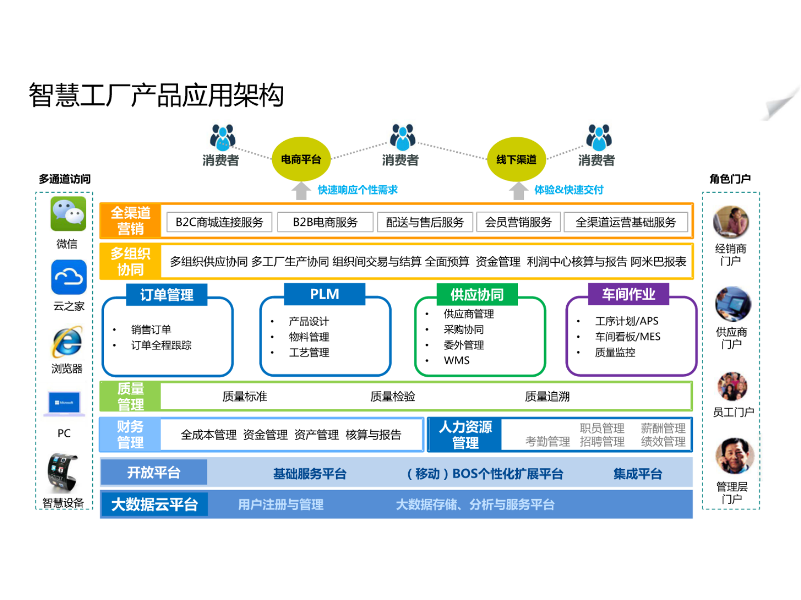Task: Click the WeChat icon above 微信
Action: click(x=69, y=214)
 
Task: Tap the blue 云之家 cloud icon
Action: click(x=69, y=277)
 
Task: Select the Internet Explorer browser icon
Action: click(x=67, y=342)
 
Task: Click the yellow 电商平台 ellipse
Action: click(x=301, y=159)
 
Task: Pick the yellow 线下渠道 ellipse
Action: click(x=516, y=159)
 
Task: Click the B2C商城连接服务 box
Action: click(x=219, y=222)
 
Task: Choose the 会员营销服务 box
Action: click(x=518, y=222)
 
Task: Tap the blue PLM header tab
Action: click(x=325, y=294)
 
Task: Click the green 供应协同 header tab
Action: click(x=477, y=294)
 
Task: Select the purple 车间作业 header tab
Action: click(x=628, y=294)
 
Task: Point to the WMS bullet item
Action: click(x=456, y=361)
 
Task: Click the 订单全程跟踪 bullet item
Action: click(x=161, y=345)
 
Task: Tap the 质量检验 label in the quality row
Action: click(x=393, y=397)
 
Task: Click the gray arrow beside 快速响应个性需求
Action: click(x=301, y=191)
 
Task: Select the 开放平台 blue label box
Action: click(x=153, y=472)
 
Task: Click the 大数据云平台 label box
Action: click(x=154, y=504)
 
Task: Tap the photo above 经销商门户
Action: click(x=731, y=222)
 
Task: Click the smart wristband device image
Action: click(x=63, y=472)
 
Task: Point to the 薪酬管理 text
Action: click(x=663, y=428)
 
